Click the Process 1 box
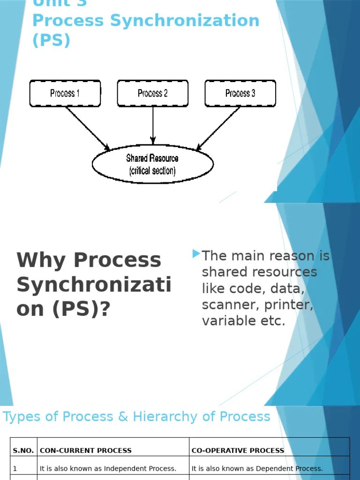click(65, 93)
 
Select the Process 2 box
click(152, 93)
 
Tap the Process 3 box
click(240, 93)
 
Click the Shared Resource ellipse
click(152, 164)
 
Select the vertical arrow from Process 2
click(153, 124)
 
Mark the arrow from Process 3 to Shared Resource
click(218, 128)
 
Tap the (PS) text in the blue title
click(51, 40)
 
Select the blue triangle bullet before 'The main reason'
click(196, 254)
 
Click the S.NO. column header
click(23, 450)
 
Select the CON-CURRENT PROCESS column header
click(86, 450)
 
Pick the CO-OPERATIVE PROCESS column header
click(238, 450)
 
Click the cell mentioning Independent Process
click(108, 468)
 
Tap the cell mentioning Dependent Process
click(257, 468)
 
